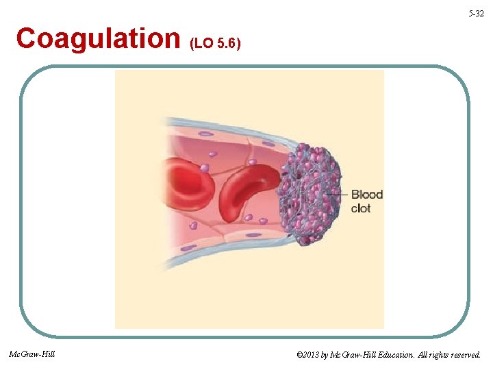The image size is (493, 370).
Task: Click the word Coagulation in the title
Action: pyautogui.click(x=97, y=39)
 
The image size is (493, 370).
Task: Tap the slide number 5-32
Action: pyautogui.click(x=476, y=14)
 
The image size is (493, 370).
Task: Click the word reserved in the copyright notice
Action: pyautogui.click(x=464, y=355)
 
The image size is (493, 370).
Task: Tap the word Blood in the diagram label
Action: pyautogui.click(x=367, y=195)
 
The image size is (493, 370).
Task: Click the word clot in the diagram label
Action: pyautogui.click(x=361, y=208)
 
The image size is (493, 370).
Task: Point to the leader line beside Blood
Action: pyautogui.click(x=337, y=195)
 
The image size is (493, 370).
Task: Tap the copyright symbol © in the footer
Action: pyautogui.click(x=299, y=355)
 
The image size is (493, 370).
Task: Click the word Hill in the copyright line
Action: pyautogui.click(x=367, y=355)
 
